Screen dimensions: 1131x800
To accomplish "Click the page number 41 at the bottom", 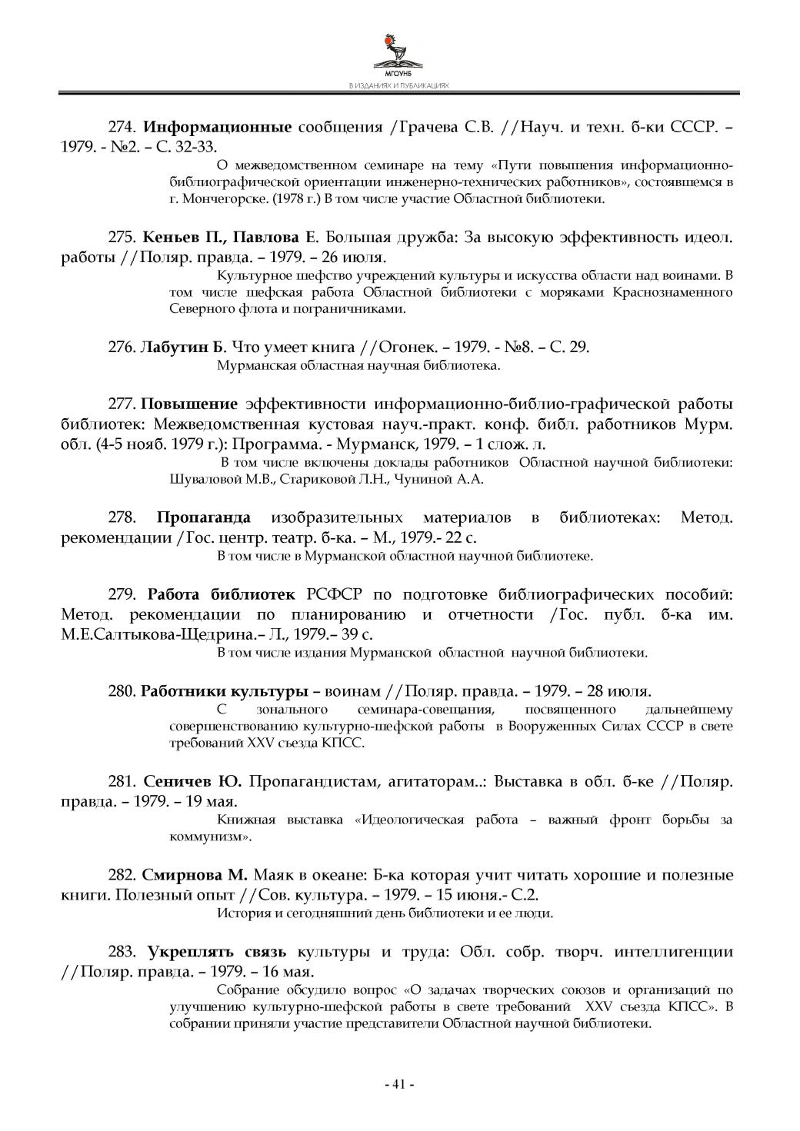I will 399,1084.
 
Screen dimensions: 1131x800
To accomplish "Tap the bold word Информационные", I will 218,127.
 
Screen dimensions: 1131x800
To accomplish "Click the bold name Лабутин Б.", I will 183,348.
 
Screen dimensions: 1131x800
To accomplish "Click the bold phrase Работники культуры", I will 225,690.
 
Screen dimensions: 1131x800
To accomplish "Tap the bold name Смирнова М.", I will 195,876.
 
